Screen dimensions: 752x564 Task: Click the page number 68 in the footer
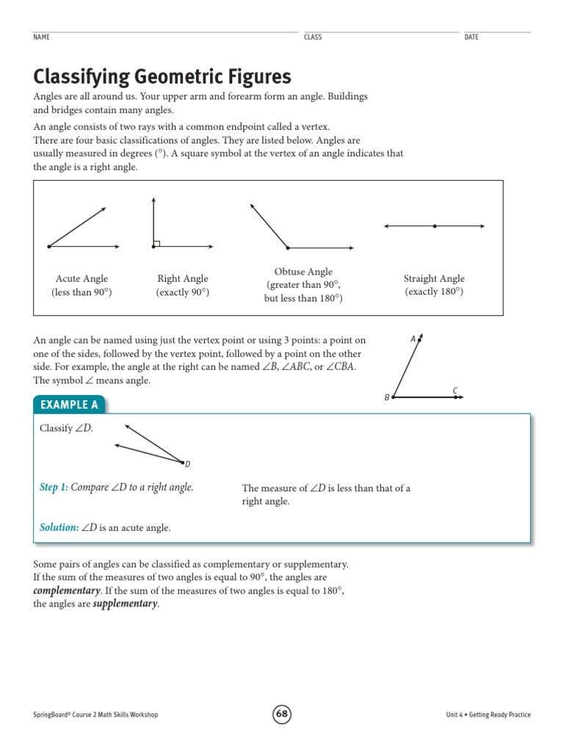pyautogui.click(x=282, y=714)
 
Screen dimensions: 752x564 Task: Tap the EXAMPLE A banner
pyautogui.click(x=70, y=405)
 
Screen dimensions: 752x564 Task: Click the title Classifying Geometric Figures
pyautogui.click(x=162, y=76)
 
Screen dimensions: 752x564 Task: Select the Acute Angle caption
pyautogui.click(x=82, y=279)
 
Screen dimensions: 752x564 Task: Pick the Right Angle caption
pyautogui.click(x=183, y=279)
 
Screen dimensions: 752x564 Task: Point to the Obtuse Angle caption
pyautogui.click(x=303, y=272)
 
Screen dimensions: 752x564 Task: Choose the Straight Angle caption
pyautogui.click(x=434, y=279)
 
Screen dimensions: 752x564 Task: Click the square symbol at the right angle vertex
pyautogui.click(x=156, y=243)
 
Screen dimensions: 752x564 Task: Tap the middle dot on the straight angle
pyautogui.click(x=435, y=226)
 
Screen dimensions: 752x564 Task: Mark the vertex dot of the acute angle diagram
pyautogui.click(x=49, y=247)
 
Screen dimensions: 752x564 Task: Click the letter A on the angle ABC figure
pyautogui.click(x=413, y=339)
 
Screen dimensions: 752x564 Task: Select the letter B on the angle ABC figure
pyautogui.click(x=386, y=398)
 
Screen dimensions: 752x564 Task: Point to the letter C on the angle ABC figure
pyautogui.click(x=455, y=390)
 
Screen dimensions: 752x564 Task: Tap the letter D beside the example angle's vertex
pyautogui.click(x=187, y=464)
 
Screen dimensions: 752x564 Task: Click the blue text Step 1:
pyautogui.click(x=54, y=488)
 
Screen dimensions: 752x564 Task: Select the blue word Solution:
pyautogui.click(x=59, y=527)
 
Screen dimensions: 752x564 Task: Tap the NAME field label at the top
pyautogui.click(x=41, y=37)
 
